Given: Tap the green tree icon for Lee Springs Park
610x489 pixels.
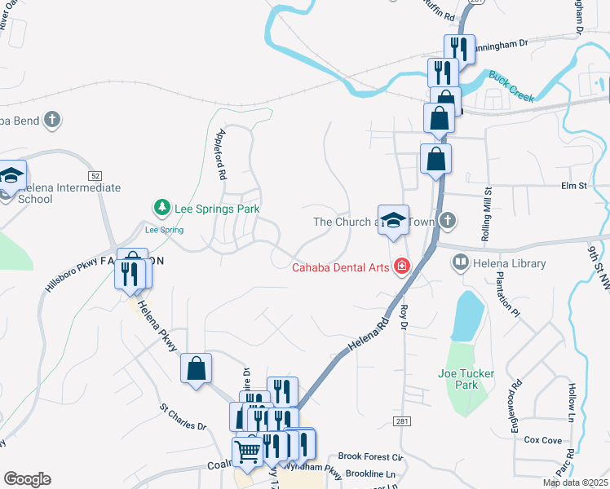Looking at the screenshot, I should pos(162,209).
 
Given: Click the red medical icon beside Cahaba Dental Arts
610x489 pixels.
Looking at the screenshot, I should pos(401,267).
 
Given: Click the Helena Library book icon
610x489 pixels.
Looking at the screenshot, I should pos(461,262).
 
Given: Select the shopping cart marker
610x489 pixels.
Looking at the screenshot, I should pos(248,451).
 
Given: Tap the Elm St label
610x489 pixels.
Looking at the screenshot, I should pos(574,186).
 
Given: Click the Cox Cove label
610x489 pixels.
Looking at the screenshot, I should pos(543,440).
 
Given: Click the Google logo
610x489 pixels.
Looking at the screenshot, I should pos(27,479).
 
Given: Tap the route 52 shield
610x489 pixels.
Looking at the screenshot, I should pos(95,175).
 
